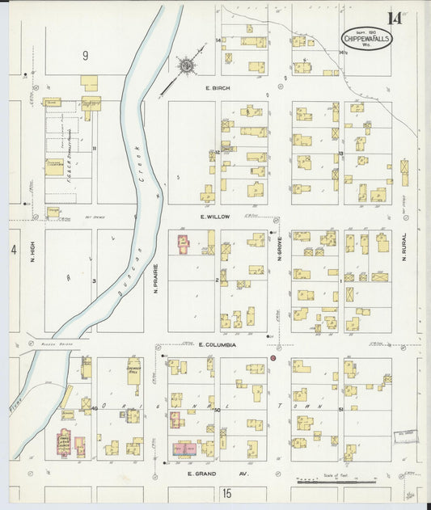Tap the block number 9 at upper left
coord(84,56)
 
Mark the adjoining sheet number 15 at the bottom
coord(227,492)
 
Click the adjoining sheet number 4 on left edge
coord(14,251)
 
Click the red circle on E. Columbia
coord(273,357)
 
